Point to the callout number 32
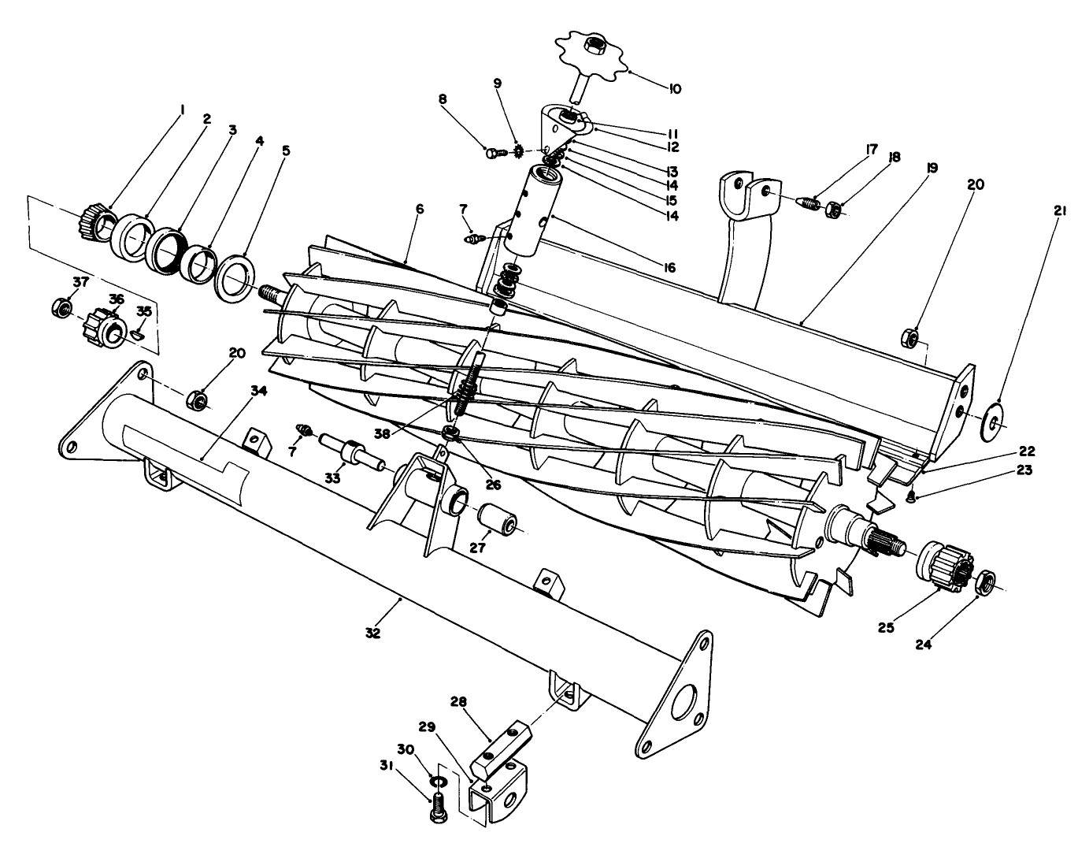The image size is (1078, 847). (x=372, y=633)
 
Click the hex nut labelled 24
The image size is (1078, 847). (x=984, y=583)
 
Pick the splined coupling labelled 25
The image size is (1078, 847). (x=943, y=563)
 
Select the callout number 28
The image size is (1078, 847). (x=460, y=701)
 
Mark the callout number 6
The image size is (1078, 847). (x=420, y=209)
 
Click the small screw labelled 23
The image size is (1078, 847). (x=911, y=496)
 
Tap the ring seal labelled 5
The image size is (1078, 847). (x=235, y=276)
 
